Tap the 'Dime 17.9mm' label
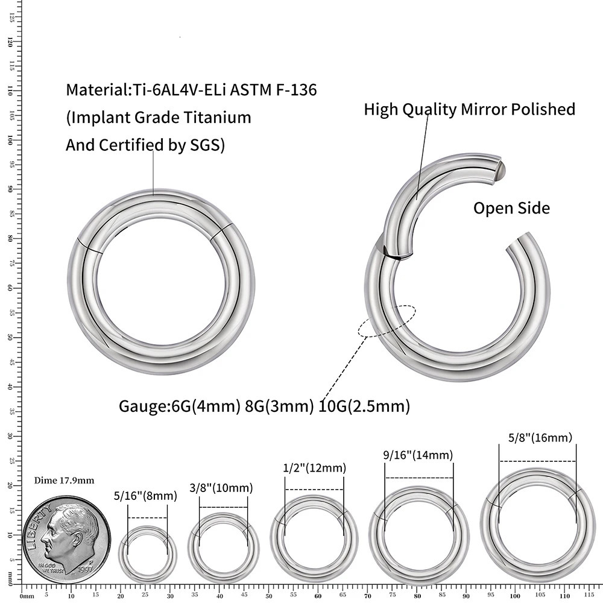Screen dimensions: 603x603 [65, 480]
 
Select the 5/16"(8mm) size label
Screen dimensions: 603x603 [145, 496]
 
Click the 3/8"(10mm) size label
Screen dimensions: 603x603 [221, 488]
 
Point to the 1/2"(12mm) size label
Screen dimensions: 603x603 [314, 468]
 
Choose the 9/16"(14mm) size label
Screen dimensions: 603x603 [418, 455]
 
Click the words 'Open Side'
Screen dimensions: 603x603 [511, 209]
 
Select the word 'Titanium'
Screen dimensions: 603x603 [218, 118]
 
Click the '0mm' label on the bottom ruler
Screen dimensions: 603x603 [27, 596]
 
